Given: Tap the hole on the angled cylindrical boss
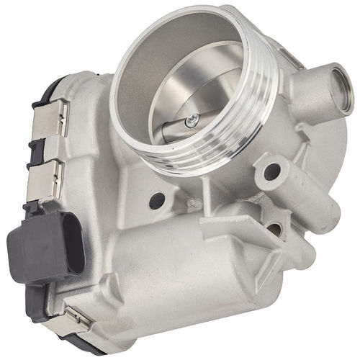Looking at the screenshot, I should [x=272, y=172].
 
